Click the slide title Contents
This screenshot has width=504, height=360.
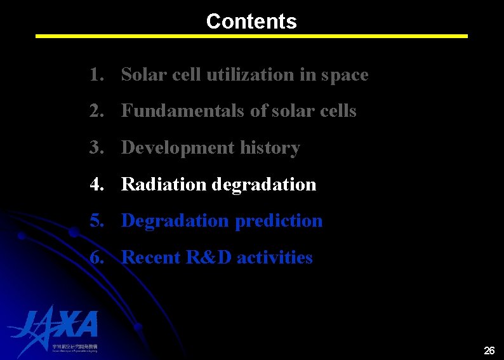tap(251, 22)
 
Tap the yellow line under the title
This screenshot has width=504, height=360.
tap(251, 36)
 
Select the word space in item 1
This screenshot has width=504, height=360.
tap(344, 75)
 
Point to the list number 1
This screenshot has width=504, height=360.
tap(96, 75)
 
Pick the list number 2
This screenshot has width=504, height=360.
tap(96, 111)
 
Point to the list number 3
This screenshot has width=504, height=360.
tap(96, 148)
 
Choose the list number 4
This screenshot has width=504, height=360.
tap(96, 185)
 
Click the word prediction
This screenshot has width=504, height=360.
tap(279, 221)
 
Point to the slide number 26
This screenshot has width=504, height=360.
tap(489, 350)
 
